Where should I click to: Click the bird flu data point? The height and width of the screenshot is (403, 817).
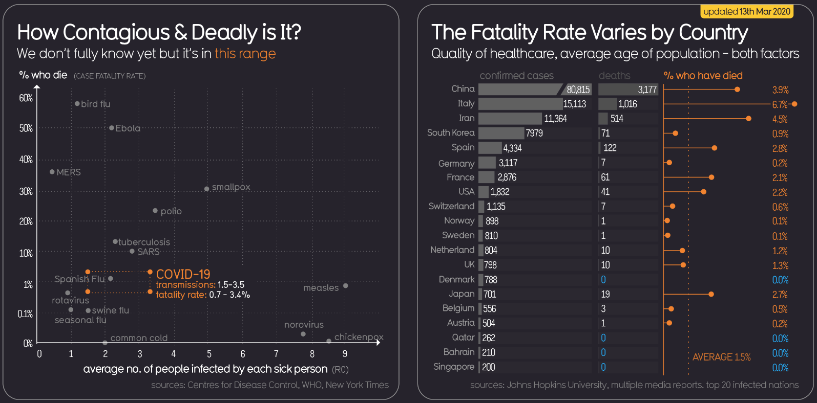pos(77,104)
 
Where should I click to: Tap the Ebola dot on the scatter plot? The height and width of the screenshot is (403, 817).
pos(112,128)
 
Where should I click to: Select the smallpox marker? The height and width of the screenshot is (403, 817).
pos(206,189)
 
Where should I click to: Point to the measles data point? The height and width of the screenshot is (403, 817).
pos(345,286)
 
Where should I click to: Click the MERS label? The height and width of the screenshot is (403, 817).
pos(69,172)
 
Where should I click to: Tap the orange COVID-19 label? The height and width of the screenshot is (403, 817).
pos(183,274)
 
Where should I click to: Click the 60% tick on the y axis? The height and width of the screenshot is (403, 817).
pos(26,98)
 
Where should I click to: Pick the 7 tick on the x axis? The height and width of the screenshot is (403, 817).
pos(276,353)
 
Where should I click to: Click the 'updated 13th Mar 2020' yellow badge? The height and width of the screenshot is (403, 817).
pos(747,12)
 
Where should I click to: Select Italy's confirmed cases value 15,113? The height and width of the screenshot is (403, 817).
pos(574,104)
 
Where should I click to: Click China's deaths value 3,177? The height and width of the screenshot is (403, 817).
pos(647,89)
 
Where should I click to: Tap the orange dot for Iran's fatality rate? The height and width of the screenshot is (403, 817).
pos(748,119)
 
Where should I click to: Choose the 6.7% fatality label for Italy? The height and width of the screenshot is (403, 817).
pos(780,105)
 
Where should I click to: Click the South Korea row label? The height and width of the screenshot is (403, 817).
pos(451,133)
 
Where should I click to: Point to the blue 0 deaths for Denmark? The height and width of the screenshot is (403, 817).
pos(603,280)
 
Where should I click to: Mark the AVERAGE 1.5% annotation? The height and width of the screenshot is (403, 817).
pos(721,357)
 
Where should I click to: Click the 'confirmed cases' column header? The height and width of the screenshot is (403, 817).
pos(516,76)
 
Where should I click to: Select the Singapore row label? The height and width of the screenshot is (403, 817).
pos(454,367)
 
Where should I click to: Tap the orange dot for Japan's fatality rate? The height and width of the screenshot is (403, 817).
pos(711,294)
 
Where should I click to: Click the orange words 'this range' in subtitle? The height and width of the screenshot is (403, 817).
pos(245,54)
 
